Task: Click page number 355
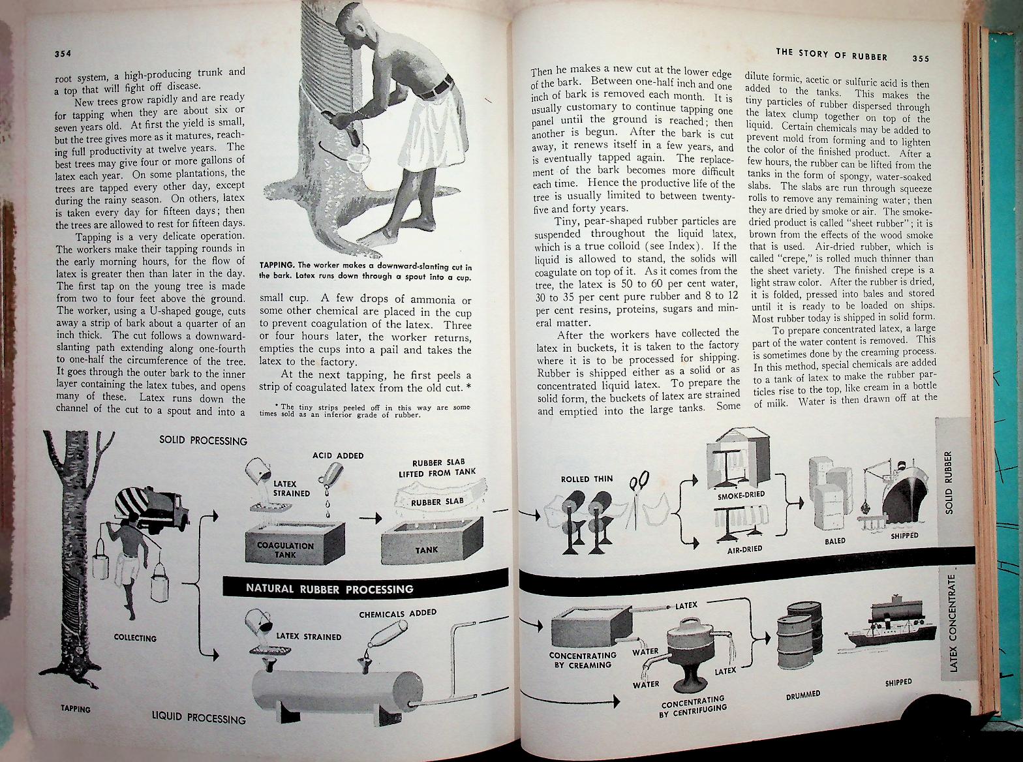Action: (x=921, y=58)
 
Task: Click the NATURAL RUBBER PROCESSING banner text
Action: (x=329, y=588)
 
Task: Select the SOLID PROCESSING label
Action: (x=203, y=440)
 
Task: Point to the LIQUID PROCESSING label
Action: (x=198, y=718)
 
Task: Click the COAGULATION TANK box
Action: (x=285, y=550)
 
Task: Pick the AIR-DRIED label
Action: (x=745, y=549)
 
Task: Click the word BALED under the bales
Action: (x=834, y=541)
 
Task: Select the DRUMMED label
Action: (x=802, y=695)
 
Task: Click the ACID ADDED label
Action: (x=338, y=455)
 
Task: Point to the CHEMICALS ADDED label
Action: (x=397, y=614)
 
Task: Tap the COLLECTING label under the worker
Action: (x=135, y=637)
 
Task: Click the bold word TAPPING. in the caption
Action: (x=277, y=265)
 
